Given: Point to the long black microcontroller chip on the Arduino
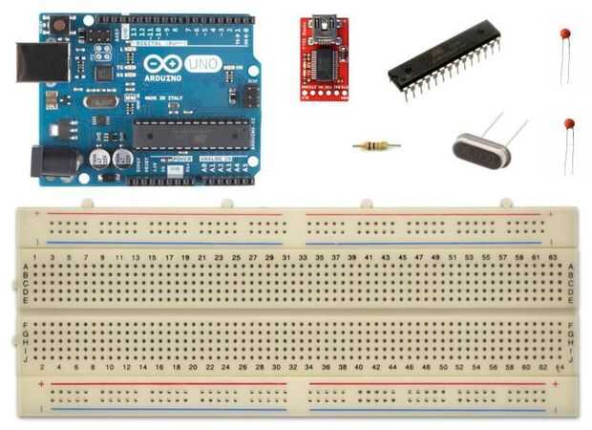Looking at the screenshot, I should [190, 134].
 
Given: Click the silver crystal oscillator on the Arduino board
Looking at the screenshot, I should [99, 100].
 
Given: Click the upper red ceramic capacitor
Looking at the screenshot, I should [566, 34].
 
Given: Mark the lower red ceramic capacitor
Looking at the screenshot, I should [569, 124].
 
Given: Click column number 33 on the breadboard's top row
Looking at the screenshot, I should [303, 258].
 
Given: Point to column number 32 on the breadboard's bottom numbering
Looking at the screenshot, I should [294, 367].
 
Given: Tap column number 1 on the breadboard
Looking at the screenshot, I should [35, 258].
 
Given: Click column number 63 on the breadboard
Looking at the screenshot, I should [553, 258].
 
